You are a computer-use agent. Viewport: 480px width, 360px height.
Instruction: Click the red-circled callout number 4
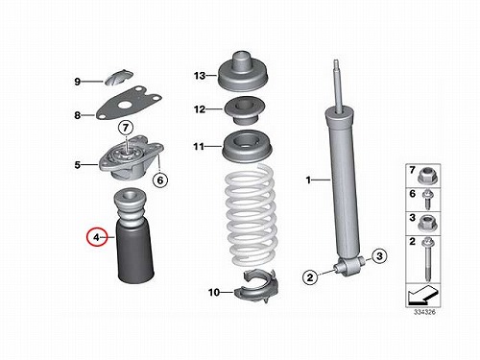tap(96, 237)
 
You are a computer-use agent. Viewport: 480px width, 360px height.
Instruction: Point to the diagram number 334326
tap(424, 312)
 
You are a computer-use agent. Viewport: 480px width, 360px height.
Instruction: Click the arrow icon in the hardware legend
tap(422, 296)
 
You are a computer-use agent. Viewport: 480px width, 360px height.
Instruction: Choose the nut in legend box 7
tap(427, 176)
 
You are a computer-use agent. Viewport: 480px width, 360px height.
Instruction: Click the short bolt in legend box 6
tap(426, 200)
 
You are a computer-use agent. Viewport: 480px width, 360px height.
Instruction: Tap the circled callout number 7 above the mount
tap(126, 128)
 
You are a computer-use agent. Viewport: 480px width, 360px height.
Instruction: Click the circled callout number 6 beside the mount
tap(159, 180)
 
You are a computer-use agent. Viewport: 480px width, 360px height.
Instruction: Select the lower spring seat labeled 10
tap(256, 286)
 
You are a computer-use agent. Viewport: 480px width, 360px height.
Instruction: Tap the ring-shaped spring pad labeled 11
tap(247, 146)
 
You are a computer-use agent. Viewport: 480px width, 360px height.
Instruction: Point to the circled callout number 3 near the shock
tap(379, 256)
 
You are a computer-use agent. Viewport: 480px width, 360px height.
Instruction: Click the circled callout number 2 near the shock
tap(310, 277)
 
